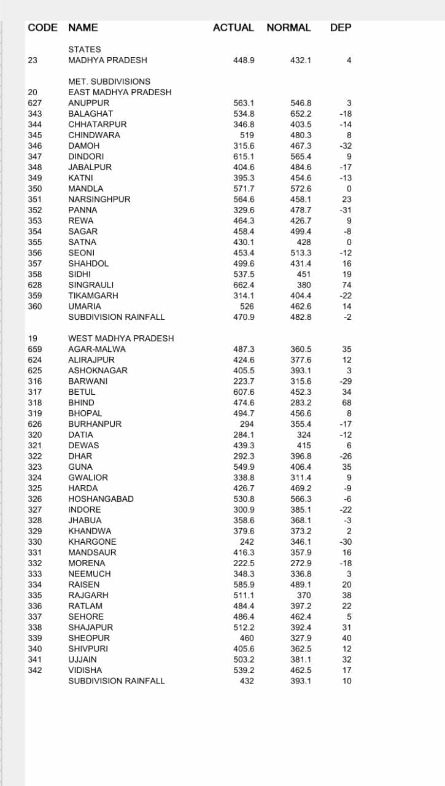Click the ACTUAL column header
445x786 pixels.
(x=233, y=28)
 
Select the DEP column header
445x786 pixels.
(x=341, y=28)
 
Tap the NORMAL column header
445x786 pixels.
(x=288, y=28)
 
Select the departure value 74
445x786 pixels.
(x=347, y=285)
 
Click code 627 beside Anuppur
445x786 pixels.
(x=35, y=103)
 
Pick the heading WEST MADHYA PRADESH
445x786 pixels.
(x=121, y=338)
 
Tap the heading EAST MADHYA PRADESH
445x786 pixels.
(x=120, y=92)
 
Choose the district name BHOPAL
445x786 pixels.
(x=85, y=413)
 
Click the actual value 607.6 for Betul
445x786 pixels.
(x=244, y=392)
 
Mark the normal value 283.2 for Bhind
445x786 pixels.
(x=301, y=403)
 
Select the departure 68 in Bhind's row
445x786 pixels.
(x=347, y=403)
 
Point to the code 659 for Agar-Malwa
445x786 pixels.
(x=35, y=349)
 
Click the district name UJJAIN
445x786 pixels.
(x=83, y=660)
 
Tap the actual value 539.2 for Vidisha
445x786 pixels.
(x=244, y=670)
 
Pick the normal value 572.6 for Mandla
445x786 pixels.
(x=301, y=189)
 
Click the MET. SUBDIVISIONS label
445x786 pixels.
(x=109, y=82)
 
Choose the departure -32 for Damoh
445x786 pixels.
(x=346, y=146)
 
